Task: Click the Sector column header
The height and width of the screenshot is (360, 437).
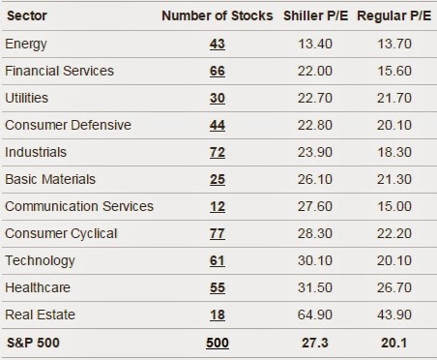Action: coord(27,15)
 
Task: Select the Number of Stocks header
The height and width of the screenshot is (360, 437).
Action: coord(218,15)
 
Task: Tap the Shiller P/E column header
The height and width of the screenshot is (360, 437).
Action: coord(315,15)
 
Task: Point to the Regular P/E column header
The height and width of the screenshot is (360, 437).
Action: coord(393,15)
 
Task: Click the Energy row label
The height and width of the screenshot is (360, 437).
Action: coord(26,45)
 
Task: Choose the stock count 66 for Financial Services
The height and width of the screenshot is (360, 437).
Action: coord(218,71)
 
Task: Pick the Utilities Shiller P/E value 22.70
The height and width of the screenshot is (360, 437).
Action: coord(315,98)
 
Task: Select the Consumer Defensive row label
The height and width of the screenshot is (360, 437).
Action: coord(68,125)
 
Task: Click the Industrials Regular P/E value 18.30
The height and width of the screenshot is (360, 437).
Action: coord(394,152)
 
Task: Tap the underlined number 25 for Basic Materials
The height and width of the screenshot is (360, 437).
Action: coord(218,179)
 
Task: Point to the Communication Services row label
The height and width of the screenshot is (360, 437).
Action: coord(79,206)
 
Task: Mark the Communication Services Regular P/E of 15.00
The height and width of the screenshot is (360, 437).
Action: coord(394,206)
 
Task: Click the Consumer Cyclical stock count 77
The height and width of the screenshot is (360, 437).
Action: coord(218,233)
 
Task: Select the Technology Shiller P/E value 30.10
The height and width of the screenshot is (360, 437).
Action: coord(315,260)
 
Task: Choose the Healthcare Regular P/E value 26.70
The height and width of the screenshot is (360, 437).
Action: coord(394,287)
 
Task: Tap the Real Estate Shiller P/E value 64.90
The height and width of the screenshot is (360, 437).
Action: coord(315,315)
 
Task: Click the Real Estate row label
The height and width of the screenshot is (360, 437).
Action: coord(40,315)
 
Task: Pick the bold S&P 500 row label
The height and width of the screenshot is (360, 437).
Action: coord(33,343)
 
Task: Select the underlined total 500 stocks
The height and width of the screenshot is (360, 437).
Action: coord(218,343)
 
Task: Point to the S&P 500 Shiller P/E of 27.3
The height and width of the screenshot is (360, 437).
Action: coord(315,343)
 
